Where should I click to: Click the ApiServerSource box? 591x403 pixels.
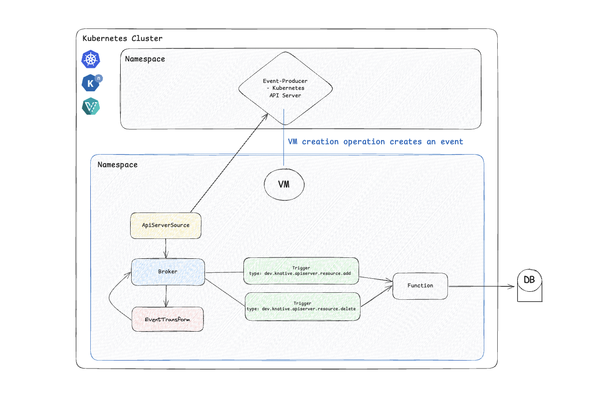[165, 225]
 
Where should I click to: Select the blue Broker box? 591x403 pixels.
[168, 272]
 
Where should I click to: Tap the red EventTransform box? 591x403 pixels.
[168, 319]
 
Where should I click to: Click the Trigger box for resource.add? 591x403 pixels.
[301, 271]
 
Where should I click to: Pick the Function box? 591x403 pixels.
[420, 286]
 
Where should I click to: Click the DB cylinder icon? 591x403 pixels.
[529, 285]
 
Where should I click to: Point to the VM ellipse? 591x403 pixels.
[284, 185]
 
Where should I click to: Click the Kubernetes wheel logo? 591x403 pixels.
[91, 60]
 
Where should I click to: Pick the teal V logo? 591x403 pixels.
[91, 107]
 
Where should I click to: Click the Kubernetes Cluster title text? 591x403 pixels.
[122, 38]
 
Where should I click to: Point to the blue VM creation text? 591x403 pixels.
[376, 142]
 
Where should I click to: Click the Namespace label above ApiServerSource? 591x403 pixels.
[117, 165]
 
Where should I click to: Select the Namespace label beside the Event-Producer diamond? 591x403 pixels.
[145, 59]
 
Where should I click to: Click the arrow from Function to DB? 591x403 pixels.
[481, 286]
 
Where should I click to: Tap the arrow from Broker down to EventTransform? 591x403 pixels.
[166, 296]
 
